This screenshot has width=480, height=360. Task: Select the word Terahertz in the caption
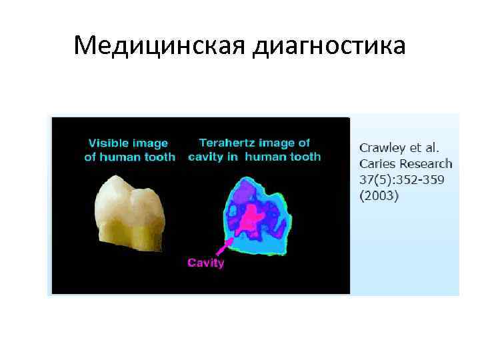[227, 142]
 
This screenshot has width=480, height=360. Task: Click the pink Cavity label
[205, 262]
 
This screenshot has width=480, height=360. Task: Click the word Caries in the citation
[377, 163]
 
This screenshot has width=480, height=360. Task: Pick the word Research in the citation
[425, 163]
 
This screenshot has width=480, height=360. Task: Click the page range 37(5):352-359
[402, 179]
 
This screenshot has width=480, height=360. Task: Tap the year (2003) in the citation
[379, 195]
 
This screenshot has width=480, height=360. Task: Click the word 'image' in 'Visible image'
[151, 143]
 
